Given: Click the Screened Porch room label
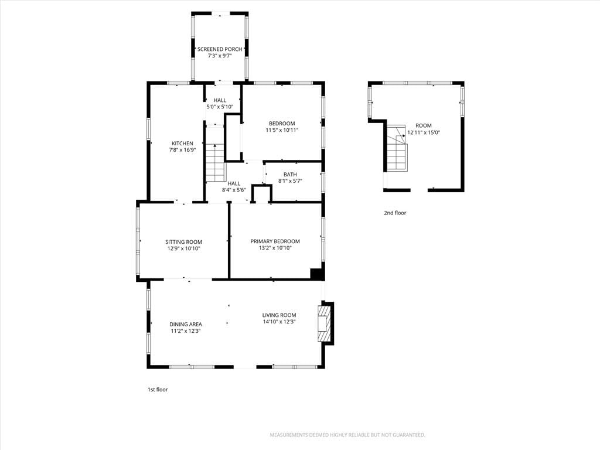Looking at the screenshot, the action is click(220, 49).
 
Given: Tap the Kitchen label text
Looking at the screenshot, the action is click(182, 144).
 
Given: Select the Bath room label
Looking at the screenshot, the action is click(290, 175).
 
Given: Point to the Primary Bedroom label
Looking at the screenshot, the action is click(275, 241).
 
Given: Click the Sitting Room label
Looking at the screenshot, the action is click(183, 242).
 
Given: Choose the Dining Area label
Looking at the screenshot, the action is click(186, 325).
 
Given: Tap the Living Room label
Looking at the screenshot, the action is click(279, 315).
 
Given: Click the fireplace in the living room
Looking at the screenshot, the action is click(325, 323).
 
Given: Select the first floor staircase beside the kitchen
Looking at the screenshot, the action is click(216, 163).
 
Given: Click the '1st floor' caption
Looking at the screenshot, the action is click(158, 390).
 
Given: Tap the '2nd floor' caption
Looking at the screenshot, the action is click(395, 213).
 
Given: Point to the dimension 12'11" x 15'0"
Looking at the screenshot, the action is click(424, 132).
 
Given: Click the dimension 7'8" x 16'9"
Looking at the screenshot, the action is click(183, 150).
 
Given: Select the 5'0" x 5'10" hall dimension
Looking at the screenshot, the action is click(220, 107).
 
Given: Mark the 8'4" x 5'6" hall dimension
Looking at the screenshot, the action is click(234, 190).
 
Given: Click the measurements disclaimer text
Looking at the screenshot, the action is click(347, 435).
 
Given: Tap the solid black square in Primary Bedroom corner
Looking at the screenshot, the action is click(316, 274).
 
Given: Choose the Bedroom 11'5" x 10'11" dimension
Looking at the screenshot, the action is click(282, 130).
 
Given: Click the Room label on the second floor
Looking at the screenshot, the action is click(424, 125).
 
